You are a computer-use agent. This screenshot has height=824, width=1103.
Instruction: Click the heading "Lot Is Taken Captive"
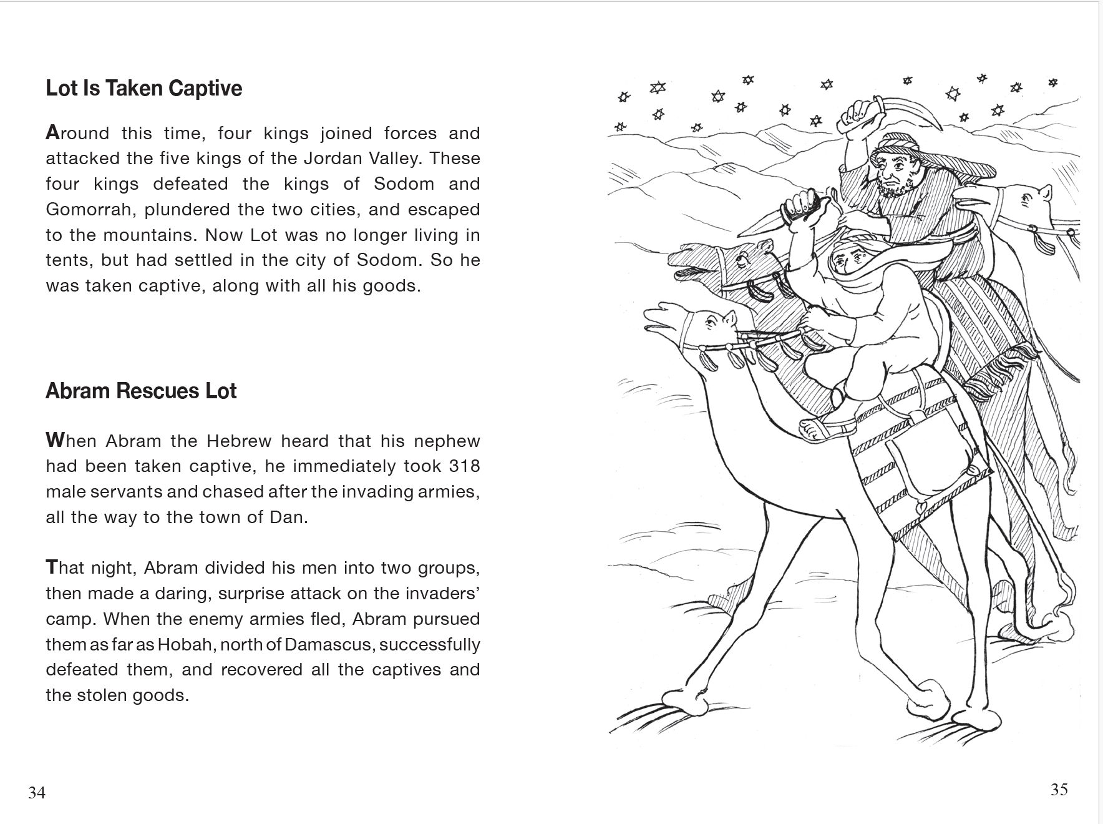click(x=143, y=89)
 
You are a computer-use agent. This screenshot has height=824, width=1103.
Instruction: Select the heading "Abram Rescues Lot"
click(x=141, y=391)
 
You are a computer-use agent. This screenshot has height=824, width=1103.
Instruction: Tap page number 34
click(x=37, y=793)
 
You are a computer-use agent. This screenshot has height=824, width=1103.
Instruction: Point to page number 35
click(x=1059, y=790)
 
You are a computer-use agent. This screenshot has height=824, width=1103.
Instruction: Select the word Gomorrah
click(x=90, y=210)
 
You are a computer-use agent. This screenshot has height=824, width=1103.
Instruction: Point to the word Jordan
click(x=338, y=159)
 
